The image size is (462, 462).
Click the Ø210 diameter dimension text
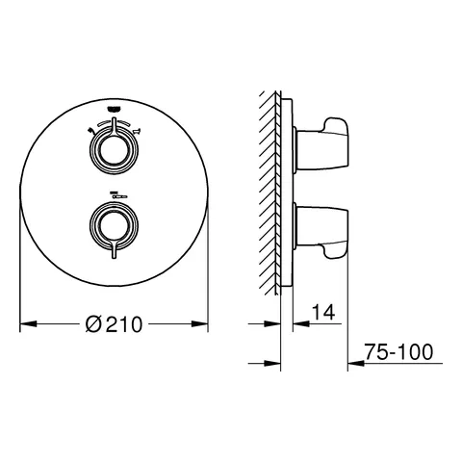point(115,324)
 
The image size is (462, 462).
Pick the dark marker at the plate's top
point(115,109)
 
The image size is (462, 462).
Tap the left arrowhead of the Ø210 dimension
point(25,323)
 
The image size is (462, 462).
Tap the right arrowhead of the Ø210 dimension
point(204,323)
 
